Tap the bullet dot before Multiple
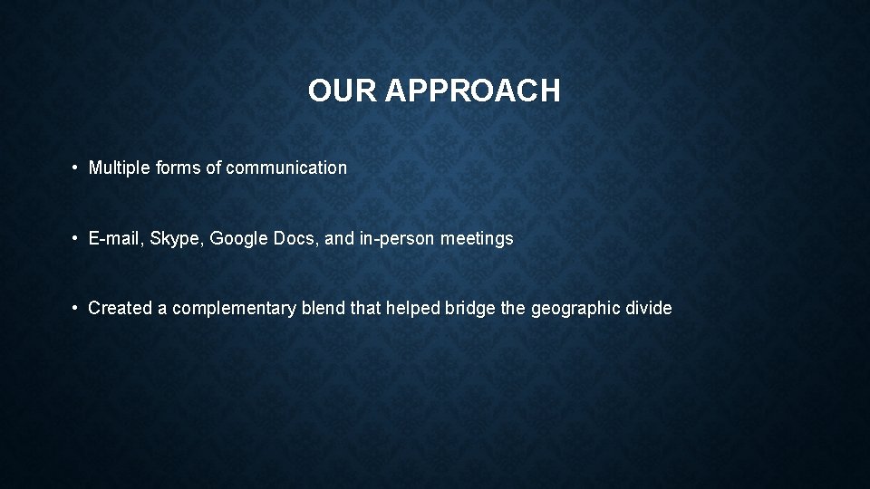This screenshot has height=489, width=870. (77, 168)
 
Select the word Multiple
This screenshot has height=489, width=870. (118, 168)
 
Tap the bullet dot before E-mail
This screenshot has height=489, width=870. (77, 239)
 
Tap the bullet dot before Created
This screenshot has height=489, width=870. (77, 308)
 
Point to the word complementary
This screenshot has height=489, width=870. (234, 308)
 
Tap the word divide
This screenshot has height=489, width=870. (648, 308)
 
